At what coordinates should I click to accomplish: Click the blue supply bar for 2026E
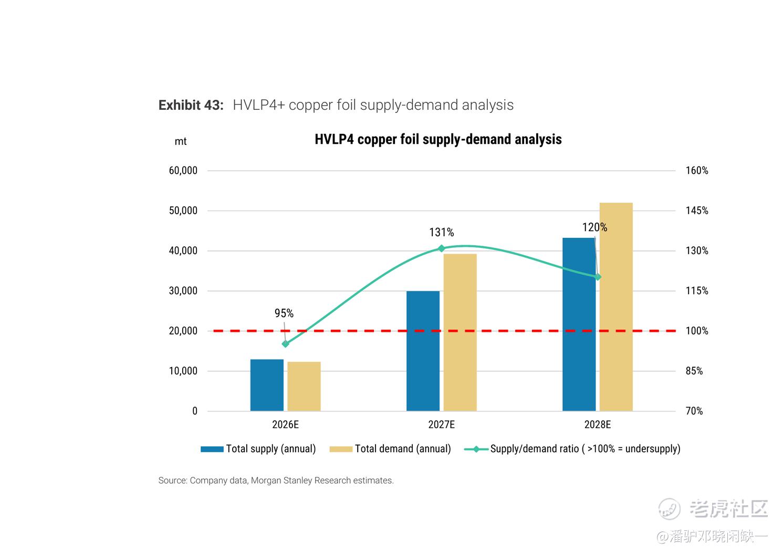pyautogui.click(x=267, y=385)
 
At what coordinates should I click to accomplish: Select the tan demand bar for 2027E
pyautogui.click(x=460, y=332)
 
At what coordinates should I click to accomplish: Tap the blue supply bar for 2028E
pyautogui.click(x=579, y=324)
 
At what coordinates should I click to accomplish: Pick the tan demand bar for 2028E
pyautogui.click(x=616, y=307)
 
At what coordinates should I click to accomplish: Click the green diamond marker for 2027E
pyautogui.click(x=442, y=248)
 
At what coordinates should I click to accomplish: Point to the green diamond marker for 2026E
pyautogui.click(x=285, y=344)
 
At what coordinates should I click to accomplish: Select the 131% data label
pyautogui.click(x=442, y=232)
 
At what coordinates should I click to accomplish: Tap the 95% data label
pyautogui.click(x=284, y=313)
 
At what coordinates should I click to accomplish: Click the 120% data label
pyautogui.click(x=594, y=227)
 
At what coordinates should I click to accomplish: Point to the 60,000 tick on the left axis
pyautogui.click(x=183, y=171)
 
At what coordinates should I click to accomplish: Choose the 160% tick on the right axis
pyautogui.click(x=697, y=171)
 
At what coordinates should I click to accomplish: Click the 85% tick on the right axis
pyautogui.click(x=694, y=371)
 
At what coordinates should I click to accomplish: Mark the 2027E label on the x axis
pyautogui.click(x=442, y=425)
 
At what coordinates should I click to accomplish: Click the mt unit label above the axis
pyautogui.click(x=180, y=142)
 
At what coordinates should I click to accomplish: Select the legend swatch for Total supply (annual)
pyautogui.click(x=212, y=449)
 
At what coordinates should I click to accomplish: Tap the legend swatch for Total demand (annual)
pyautogui.click(x=341, y=449)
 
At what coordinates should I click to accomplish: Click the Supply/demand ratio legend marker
pyautogui.click(x=476, y=449)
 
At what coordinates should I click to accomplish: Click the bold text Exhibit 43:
pyautogui.click(x=191, y=105)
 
